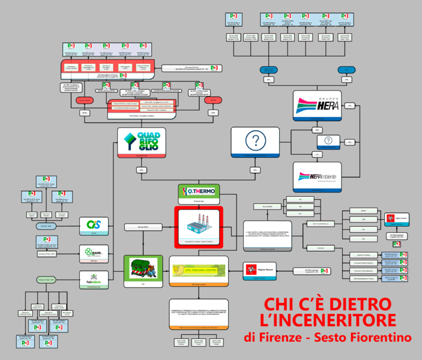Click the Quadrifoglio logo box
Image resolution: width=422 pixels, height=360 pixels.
tap(141, 142)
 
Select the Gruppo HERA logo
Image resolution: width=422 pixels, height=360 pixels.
tap(317, 107)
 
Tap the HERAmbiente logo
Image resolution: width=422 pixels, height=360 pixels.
tap(317, 178)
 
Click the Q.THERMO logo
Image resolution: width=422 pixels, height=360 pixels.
tap(199, 192)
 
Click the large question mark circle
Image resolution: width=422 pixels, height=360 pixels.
tap(255, 142)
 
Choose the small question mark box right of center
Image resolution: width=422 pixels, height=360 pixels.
tap(328, 140)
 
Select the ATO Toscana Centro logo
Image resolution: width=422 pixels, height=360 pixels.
tap(199, 269)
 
